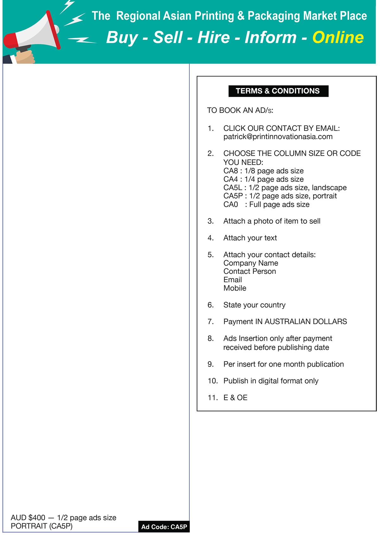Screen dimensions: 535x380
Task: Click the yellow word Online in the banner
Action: [338, 37]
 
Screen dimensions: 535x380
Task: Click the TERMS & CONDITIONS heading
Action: [278, 91]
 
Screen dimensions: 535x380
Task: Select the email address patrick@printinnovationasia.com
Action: [278, 137]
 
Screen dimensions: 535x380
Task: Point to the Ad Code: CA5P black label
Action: [164, 527]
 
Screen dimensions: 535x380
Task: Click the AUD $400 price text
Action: [28, 518]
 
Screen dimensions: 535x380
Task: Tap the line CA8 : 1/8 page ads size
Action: [263, 171]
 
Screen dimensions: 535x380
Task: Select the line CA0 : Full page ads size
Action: [266, 204]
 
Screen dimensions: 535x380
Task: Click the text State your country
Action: [254, 305]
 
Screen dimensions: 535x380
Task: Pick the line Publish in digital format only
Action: [271, 381]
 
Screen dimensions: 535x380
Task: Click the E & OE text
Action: [235, 398]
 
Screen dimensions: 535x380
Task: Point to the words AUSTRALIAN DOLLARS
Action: [306, 322]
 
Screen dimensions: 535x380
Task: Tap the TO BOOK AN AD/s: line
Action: [240, 110]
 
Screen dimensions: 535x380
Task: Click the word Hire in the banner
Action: [213, 37]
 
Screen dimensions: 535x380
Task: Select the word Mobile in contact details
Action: [235, 288]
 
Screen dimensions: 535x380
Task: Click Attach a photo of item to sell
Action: [272, 221]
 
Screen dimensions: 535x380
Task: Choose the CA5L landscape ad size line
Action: [285, 188]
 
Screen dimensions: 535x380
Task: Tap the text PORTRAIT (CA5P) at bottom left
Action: [41, 526]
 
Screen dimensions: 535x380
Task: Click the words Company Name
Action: [250, 263]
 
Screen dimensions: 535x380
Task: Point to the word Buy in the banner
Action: [122, 37]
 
